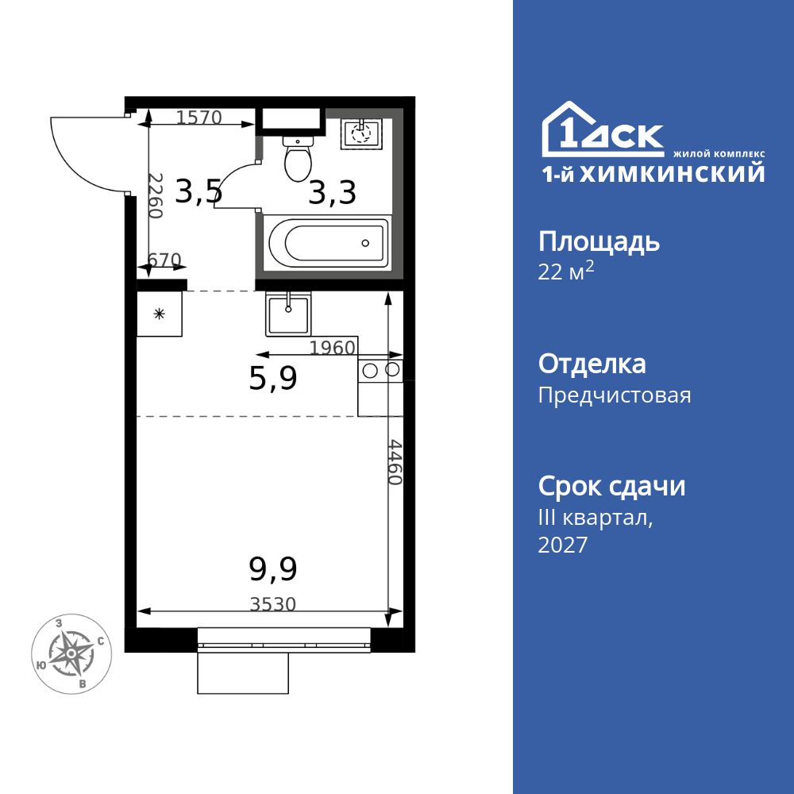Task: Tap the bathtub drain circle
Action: tap(365, 244)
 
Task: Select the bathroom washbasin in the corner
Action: tap(361, 133)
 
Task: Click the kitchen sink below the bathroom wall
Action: tap(288, 315)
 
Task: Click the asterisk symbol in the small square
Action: tap(160, 314)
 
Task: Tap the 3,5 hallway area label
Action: tap(198, 192)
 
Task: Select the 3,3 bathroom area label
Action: tap(332, 193)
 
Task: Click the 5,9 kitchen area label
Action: tap(273, 378)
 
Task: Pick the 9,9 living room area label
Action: tap(273, 569)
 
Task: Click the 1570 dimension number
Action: tap(199, 118)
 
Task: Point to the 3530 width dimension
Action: tap(273, 604)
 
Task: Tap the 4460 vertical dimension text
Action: tap(395, 462)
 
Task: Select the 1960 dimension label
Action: tap(332, 348)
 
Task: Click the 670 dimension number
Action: tap(164, 260)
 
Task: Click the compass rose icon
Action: tap(71, 653)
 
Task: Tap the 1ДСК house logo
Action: tap(603, 129)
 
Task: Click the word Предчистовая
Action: tap(615, 395)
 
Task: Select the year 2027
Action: tap(563, 545)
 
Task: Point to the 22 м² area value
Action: tap(565, 271)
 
